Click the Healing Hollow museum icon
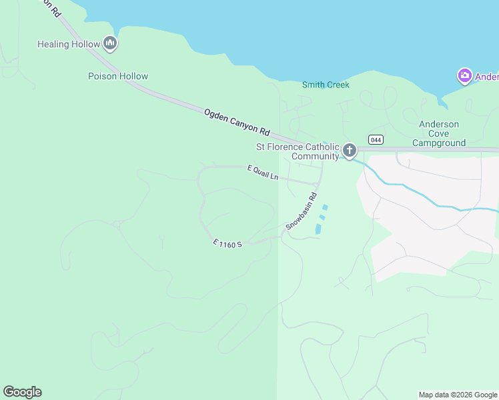111,45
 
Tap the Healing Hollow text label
69,45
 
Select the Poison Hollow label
118,76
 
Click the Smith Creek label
326,85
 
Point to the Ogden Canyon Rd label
236,123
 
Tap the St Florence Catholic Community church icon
349,151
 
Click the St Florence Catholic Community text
298,151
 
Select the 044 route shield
375,139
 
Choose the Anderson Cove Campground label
438,133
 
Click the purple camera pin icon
464,76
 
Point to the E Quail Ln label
262,173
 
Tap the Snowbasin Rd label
301,217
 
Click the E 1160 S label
227,243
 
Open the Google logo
22,392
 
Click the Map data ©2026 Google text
458,395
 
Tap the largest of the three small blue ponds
318,229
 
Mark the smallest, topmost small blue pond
325,207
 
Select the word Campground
438,143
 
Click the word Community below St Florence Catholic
315,157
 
